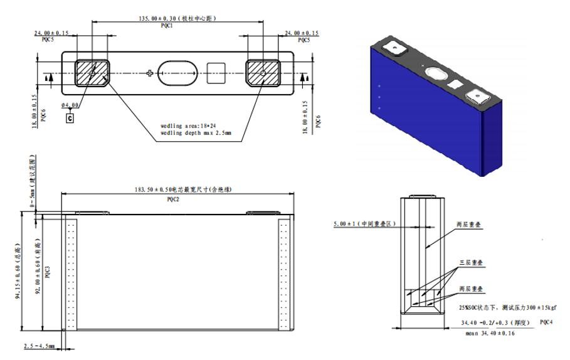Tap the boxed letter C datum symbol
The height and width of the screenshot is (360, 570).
(x=69, y=117)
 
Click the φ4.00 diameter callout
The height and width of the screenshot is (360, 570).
(x=71, y=105)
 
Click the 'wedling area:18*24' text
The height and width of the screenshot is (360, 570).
(x=189, y=126)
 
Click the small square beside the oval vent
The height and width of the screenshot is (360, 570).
(x=216, y=73)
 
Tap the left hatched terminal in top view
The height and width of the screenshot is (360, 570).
(x=92, y=73)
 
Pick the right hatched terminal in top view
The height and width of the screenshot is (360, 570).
(x=261, y=73)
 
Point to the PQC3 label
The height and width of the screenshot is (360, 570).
(x=48, y=271)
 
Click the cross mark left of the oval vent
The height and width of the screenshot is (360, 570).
(x=149, y=73)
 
